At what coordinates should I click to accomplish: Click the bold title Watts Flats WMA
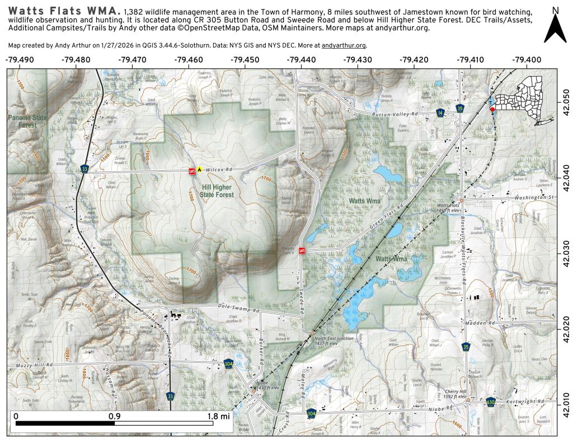point(65,11)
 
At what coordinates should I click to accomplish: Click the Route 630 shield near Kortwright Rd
point(491,402)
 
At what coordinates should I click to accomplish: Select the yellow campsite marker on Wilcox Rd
point(198,168)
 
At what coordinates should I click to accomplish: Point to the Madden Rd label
point(480,323)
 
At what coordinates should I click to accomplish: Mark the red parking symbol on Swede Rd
point(302,250)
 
